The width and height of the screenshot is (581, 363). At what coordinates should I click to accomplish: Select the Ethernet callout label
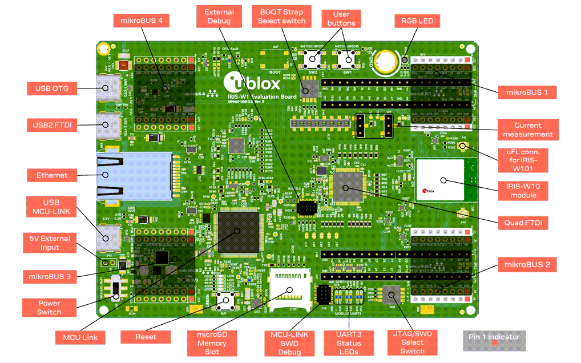(x=52, y=175)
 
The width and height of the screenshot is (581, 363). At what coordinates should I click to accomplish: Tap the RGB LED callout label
(x=417, y=21)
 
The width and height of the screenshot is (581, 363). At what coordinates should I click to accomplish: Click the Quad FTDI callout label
(x=523, y=222)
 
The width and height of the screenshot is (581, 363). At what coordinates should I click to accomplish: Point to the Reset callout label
(x=146, y=337)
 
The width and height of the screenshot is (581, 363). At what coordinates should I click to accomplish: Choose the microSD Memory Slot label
(x=212, y=344)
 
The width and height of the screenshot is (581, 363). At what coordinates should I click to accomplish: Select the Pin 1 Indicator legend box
(x=494, y=340)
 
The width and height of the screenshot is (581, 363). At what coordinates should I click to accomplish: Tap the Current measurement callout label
(x=527, y=130)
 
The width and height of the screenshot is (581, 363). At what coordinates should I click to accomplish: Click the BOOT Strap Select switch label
(x=281, y=17)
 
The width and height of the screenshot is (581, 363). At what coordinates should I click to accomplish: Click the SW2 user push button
(x=313, y=58)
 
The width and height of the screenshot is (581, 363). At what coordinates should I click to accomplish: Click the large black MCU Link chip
(x=239, y=231)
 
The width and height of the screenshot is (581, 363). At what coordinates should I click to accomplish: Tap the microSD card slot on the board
(x=289, y=291)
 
